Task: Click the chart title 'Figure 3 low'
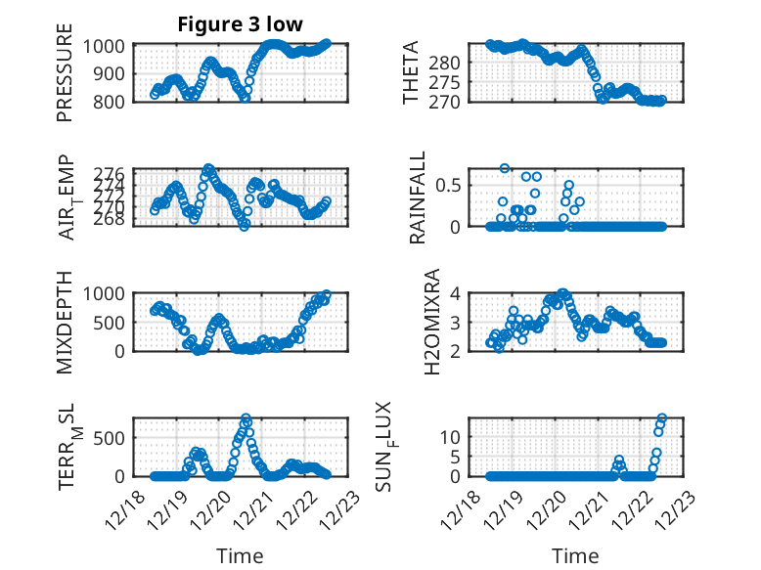240,23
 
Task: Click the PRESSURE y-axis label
65,79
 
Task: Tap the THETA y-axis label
411,72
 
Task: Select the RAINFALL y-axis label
418,197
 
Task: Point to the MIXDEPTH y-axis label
65,322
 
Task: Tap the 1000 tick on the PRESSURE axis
105,46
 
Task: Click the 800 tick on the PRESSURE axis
110,101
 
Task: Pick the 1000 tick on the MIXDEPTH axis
105,293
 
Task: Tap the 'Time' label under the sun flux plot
575,555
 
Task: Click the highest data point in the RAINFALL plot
505,168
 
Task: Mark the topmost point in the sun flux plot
662,418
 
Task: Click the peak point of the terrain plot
246,418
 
